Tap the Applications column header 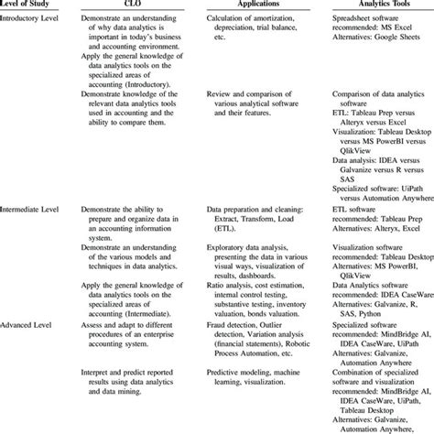click(x=249, y=5)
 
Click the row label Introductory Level click(x=36, y=22)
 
